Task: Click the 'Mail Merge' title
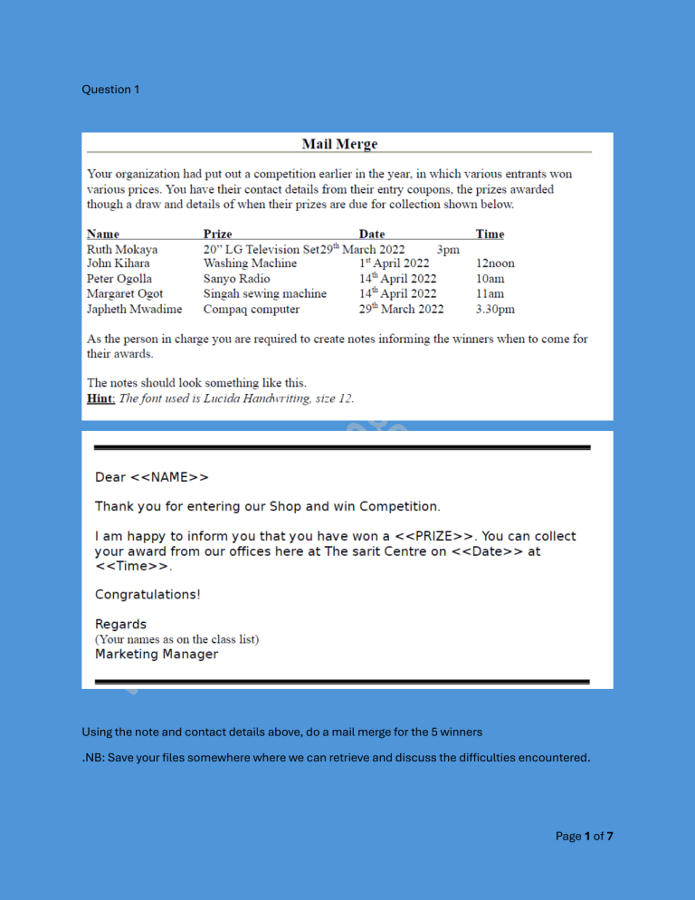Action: (338, 144)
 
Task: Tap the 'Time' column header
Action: (490, 234)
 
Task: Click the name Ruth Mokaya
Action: (122, 249)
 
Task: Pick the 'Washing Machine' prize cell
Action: (250, 263)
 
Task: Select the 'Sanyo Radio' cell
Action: (236, 279)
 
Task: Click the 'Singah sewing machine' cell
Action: (264, 293)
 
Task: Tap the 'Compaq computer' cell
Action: (251, 309)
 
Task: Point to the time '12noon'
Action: (495, 263)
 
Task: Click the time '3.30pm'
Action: (495, 309)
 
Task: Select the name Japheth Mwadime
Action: (134, 309)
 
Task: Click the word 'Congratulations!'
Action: (148, 595)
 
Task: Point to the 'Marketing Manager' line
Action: (157, 654)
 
